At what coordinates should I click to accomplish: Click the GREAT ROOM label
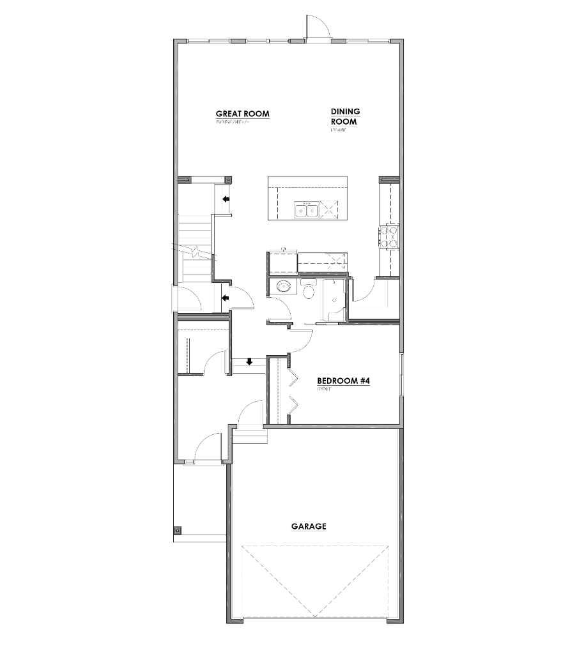[242, 114]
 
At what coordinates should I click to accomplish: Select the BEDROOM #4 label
[344, 381]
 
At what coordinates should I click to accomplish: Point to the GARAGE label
[309, 527]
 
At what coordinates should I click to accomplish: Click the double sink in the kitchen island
[306, 209]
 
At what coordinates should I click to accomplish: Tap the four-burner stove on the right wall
[389, 236]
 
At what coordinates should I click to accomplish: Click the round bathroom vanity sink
[281, 287]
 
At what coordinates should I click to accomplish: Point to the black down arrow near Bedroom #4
[250, 361]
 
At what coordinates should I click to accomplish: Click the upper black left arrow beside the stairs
[226, 199]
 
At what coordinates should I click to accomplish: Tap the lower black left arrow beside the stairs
[225, 297]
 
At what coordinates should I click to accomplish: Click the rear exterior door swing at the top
[317, 29]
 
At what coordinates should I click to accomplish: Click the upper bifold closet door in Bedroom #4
[293, 379]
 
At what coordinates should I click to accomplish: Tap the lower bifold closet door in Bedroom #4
[293, 405]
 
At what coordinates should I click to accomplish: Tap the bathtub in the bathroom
[334, 300]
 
